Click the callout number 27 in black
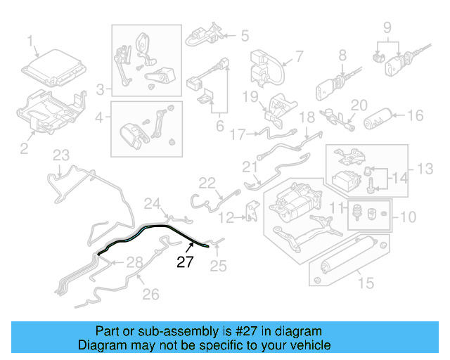(x=184, y=263)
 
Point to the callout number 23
(x=61, y=155)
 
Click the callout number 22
(x=206, y=183)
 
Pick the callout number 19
(x=252, y=96)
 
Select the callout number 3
(x=101, y=89)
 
